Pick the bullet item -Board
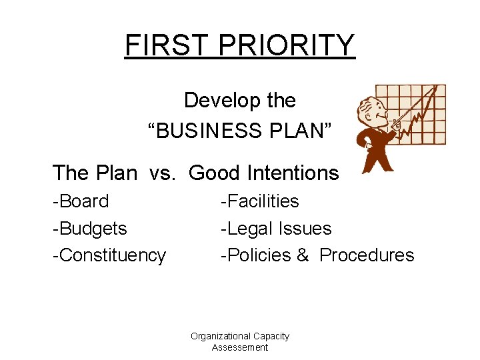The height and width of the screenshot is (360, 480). [81, 201]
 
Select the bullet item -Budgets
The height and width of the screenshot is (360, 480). [89, 229]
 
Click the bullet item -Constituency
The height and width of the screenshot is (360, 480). [109, 256]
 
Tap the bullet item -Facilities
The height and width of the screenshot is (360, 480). [260, 201]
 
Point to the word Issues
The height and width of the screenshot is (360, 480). [305, 229]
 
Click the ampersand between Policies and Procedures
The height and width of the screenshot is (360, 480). [303, 256]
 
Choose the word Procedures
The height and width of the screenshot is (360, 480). [367, 256]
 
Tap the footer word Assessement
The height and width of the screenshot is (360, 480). [240, 347]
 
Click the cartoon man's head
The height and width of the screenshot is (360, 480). [371, 111]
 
